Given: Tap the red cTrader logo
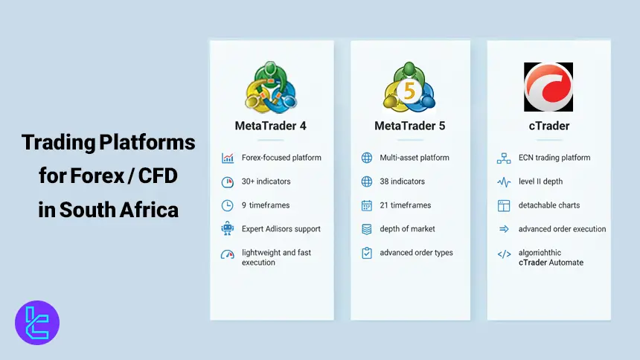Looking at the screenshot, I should coord(548,87).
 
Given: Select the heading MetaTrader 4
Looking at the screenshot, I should coord(270,126).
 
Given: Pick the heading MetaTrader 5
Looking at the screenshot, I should coord(410,126).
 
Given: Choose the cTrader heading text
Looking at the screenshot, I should coord(549,126).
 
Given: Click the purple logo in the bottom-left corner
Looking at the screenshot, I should coord(37,323).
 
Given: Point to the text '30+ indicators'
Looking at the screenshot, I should coord(266,181).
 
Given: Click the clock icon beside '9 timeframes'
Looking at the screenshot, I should coord(228,205).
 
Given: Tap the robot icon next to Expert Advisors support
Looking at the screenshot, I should coord(228,229).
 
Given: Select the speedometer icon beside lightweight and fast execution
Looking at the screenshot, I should coord(228,254).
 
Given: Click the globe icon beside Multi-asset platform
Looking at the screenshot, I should coord(367,158).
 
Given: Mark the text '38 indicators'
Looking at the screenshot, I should coord(402,181).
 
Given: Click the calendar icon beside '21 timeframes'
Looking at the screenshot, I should coord(367,205).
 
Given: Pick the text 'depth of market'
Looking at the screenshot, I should coord(407,229).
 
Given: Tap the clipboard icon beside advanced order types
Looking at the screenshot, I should coord(367,253).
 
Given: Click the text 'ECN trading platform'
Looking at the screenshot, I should coord(554,158).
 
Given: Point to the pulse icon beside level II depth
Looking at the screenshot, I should coord(504,181).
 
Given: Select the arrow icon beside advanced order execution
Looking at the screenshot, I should coord(504,229).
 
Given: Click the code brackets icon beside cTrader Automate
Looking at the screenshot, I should coord(504,254).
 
